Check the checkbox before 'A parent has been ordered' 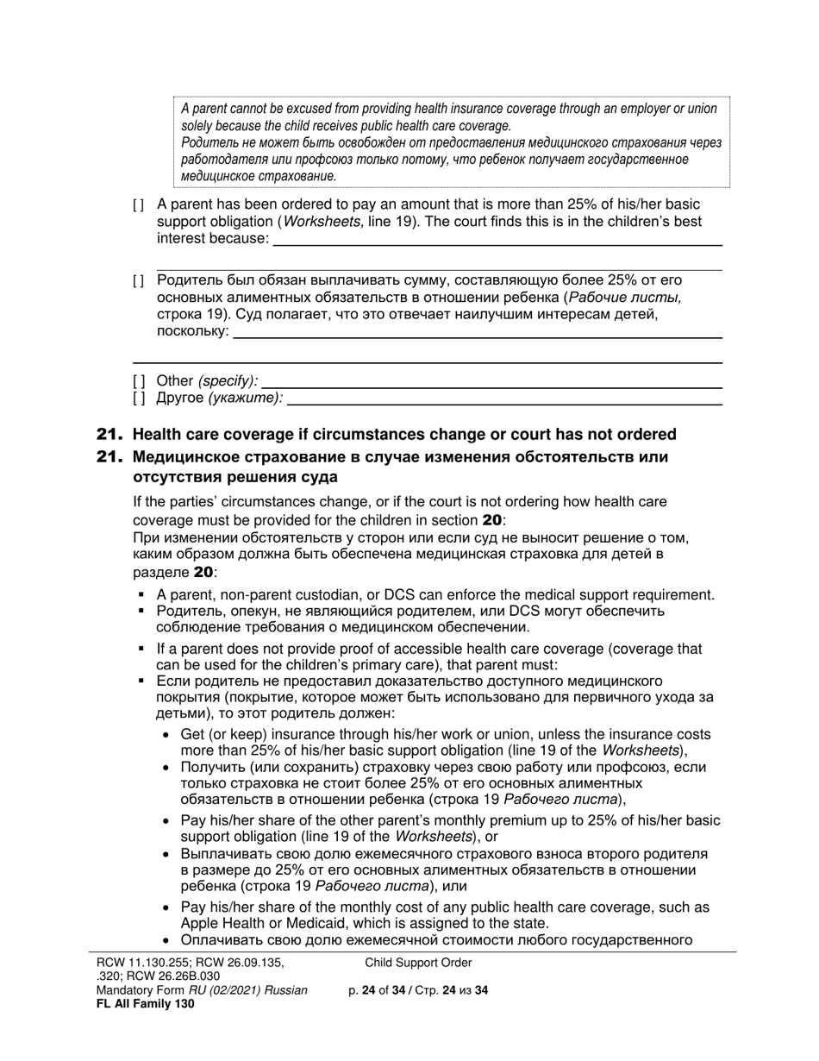138,205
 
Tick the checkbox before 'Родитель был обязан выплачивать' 138,281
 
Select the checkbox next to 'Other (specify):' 138,381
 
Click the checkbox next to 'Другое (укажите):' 138,399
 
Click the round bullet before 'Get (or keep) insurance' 166,735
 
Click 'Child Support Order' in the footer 418,963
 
